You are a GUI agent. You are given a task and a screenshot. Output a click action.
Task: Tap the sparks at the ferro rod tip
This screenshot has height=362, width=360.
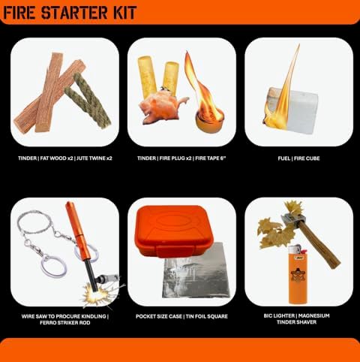pos(95,294)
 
